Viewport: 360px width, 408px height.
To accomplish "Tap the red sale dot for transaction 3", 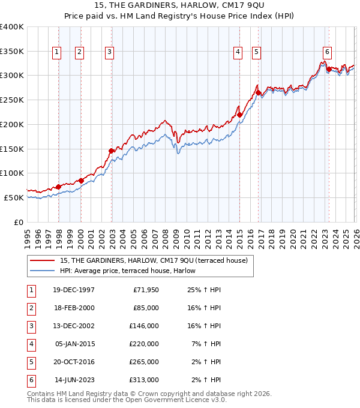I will click(111, 151).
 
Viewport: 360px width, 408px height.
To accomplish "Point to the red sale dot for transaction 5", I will click(258, 92).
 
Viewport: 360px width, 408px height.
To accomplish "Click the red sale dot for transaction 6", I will click(329, 69).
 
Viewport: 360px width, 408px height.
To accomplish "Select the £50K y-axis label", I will click(14, 197).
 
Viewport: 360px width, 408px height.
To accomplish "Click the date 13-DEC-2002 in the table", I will click(74, 325).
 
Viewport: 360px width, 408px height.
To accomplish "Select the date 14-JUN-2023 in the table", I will click(74, 380).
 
